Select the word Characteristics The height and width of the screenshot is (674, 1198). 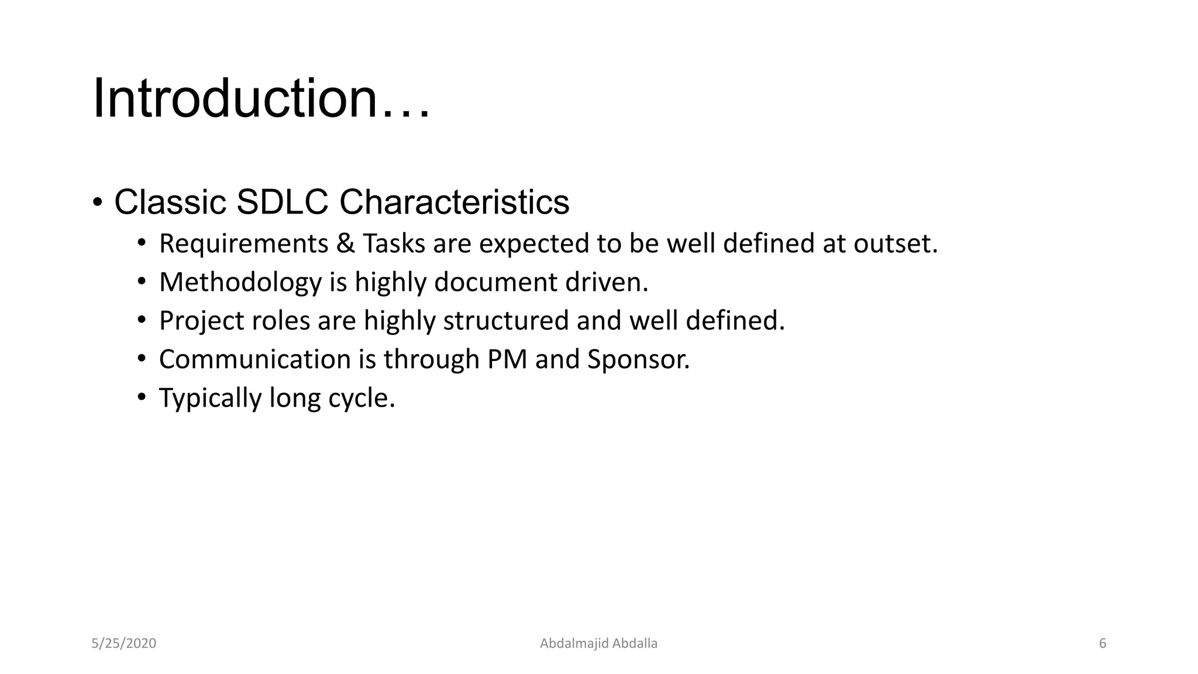tap(454, 202)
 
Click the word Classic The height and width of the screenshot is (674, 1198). tap(170, 202)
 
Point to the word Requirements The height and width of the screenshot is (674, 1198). tap(243, 243)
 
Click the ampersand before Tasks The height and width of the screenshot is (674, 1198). tap(345, 243)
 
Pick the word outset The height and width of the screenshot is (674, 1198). tap(895, 243)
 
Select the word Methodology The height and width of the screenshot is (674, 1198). tap(240, 282)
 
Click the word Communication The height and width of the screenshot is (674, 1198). tap(254, 359)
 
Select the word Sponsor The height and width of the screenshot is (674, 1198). tap(638, 359)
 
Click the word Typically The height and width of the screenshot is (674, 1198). tap(210, 398)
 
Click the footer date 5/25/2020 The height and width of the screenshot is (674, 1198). tap(124, 644)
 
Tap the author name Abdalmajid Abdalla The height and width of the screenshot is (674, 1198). tap(598, 644)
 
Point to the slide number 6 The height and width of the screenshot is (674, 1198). tap(1103, 644)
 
